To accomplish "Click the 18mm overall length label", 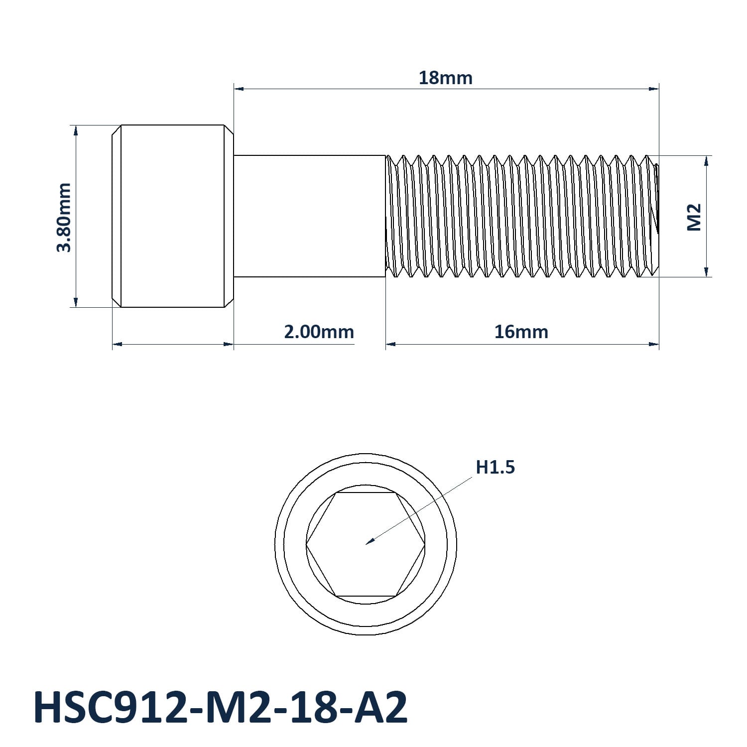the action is tap(445, 78).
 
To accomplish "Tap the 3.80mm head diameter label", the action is tap(64, 217).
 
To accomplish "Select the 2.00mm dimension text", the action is tap(319, 332).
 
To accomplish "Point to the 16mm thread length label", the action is tap(521, 332).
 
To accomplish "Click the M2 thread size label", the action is tap(694, 217).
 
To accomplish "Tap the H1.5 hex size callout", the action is tap(495, 467).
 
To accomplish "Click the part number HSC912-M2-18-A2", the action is tap(221, 707).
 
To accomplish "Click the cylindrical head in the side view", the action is tap(173, 216).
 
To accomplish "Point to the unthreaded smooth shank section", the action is tap(310, 216).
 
